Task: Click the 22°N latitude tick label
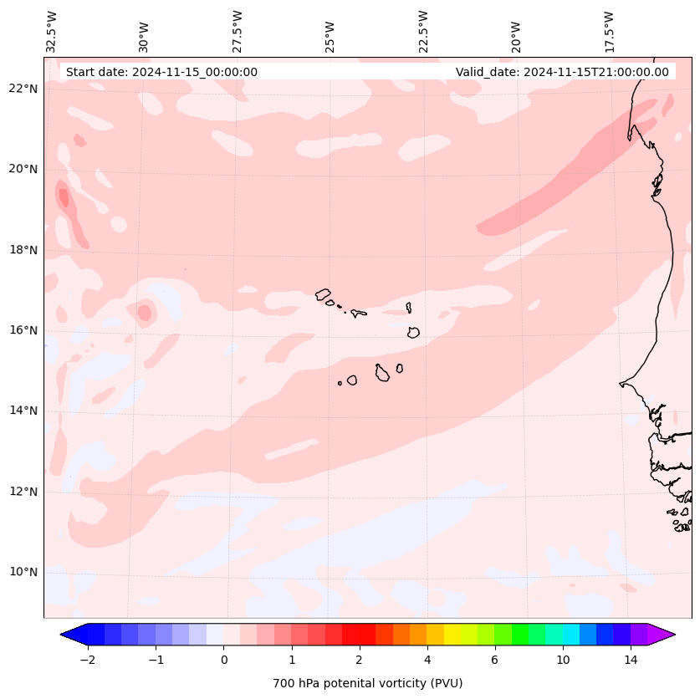click(x=24, y=89)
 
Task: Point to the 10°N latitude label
click(x=24, y=572)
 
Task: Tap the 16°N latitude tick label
click(x=24, y=330)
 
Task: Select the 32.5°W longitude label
click(x=52, y=32)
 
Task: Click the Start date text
click(x=161, y=72)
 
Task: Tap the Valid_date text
click(x=562, y=72)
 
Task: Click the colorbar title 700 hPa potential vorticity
click(x=367, y=683)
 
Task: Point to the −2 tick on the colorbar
click(x=87, y=660)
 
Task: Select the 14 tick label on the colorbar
click(x=631, y=660)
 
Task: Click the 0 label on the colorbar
click(x=223, y=660)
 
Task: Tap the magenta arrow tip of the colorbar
click(x=663, y=635)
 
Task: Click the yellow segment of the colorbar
click(x=452, y=635)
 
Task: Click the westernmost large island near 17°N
click(x=323, y=294)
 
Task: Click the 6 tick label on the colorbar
click(x=495, y=660)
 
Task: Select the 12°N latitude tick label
click(x=24, y=492)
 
